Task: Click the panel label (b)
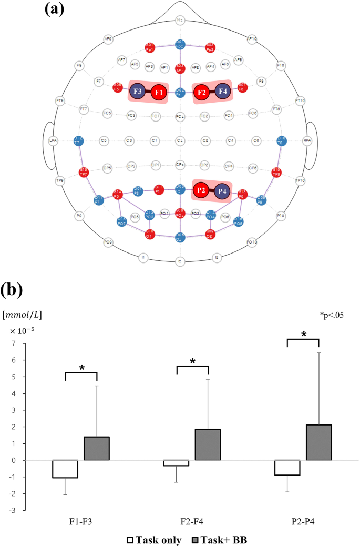16,290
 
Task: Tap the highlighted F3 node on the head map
138,92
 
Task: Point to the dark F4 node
222,92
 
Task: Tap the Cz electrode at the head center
180,140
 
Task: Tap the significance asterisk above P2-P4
304,335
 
